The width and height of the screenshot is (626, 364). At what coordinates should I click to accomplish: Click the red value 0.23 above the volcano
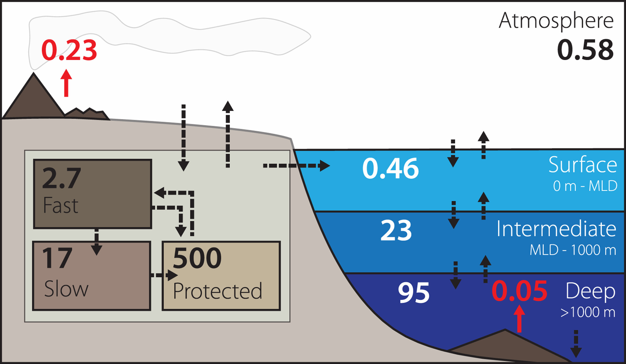coord(69,50)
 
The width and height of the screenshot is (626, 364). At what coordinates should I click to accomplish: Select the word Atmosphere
coord(556,21)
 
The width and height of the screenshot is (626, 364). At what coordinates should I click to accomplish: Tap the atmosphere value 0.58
coord(585,50)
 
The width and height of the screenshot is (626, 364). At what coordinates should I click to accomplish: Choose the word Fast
coord(61,205)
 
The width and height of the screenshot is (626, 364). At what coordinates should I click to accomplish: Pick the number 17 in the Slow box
coord(57,258)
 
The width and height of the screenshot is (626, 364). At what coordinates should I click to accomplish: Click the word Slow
coord(66,289)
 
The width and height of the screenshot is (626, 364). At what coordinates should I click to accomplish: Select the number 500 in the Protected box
coord(197,258)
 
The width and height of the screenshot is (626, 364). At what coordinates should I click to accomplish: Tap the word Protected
coord(217,291)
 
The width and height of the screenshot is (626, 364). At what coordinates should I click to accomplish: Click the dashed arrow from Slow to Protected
coord(164,275)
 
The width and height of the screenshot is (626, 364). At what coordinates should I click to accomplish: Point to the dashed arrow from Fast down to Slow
coord(96,242)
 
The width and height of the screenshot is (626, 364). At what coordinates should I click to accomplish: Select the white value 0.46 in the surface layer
coord(390,168)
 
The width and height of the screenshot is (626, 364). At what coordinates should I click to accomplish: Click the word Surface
coord(582,165)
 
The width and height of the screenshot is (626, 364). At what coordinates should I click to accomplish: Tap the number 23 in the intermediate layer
coord(396,231)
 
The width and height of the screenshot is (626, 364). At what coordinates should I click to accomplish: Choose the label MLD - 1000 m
coord(573,250)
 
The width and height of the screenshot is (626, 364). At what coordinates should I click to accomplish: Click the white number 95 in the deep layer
coord(414,293)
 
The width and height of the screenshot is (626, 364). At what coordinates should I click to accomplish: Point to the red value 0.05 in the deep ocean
coord(519,291)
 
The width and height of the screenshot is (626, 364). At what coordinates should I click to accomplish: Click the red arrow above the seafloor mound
coord(520,319)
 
